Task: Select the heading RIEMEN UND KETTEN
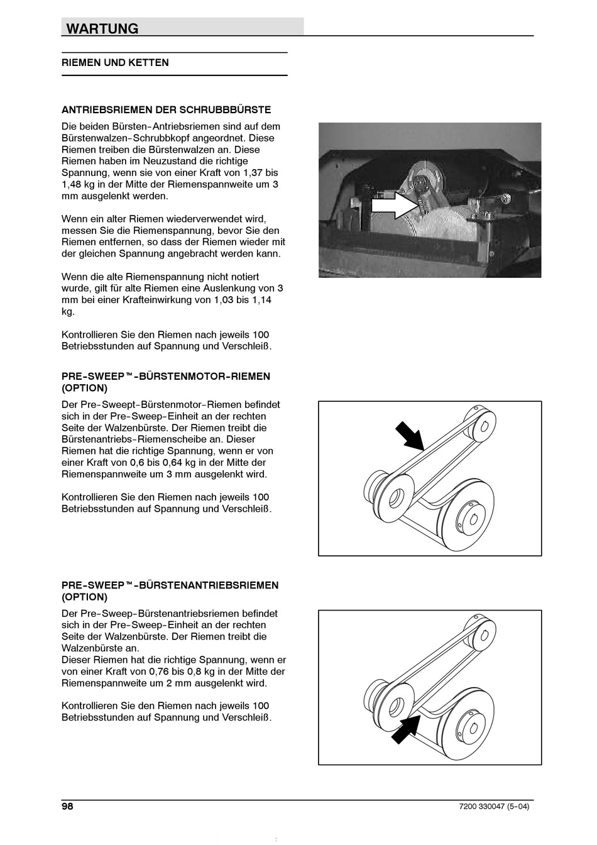115,63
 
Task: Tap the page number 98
67,807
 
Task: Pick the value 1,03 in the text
208,300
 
